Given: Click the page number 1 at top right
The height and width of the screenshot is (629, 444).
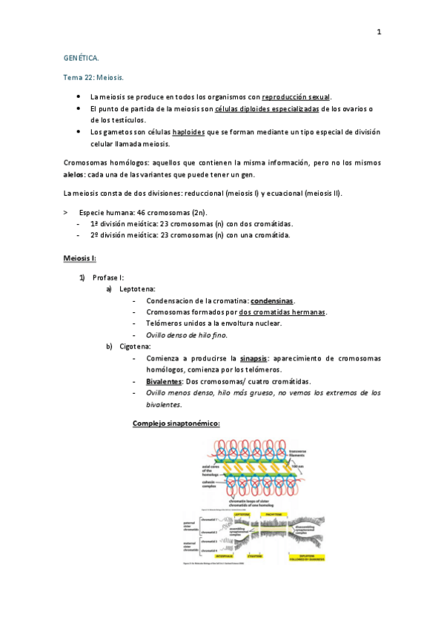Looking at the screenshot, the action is click(379, 33).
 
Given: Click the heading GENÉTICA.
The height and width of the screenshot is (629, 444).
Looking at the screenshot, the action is click(81, 57).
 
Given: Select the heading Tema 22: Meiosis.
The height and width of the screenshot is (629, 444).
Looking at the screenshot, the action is click(93, 77).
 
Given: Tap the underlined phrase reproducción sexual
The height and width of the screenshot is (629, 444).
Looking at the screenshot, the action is click(296, 97).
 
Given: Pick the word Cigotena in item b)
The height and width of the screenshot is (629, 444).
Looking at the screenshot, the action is click(135, 346).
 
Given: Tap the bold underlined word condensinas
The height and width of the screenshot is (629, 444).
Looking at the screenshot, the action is click(272, 300).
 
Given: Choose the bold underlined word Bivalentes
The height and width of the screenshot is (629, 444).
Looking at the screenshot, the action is click(165, 381).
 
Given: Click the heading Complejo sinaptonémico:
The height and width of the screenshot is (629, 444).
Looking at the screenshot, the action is click(176, 424).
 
